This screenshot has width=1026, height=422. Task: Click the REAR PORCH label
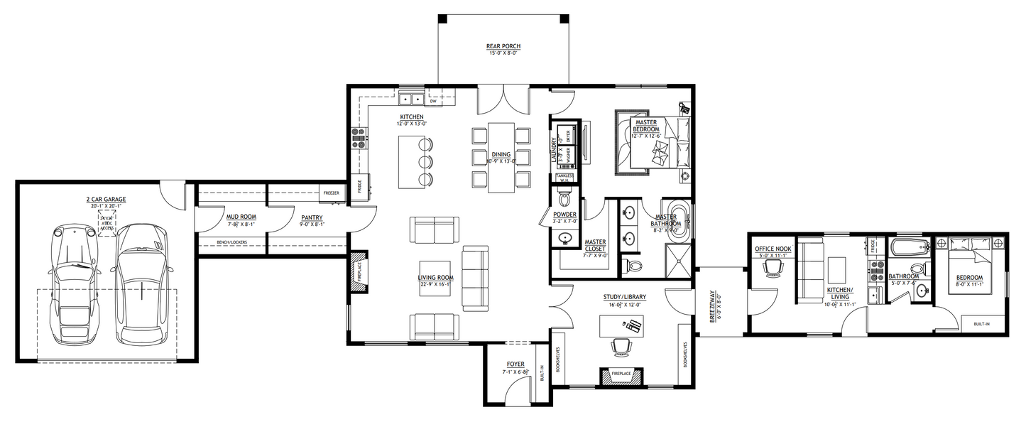click(x=503, y=47)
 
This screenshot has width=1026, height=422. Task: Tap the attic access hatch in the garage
click(x=107, y=222)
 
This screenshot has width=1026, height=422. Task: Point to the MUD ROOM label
click(x=241, y=217)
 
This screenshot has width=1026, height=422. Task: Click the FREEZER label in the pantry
click(x=331, y=193)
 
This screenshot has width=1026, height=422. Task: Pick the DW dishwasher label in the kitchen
click(x=432, y=102)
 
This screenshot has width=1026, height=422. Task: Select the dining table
click(x=501, y=157)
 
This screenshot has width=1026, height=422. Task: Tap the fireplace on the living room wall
click(x=359, y=271)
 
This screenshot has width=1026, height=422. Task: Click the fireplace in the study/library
click(x=621, y=375)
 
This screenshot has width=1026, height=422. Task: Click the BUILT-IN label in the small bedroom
click(x=982, y=325)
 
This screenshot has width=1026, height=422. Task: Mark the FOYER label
click(x=515, y=364)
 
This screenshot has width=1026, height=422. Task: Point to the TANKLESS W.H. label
click(x=565, y=178)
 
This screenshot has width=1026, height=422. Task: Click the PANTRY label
click(x=312, y=218)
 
